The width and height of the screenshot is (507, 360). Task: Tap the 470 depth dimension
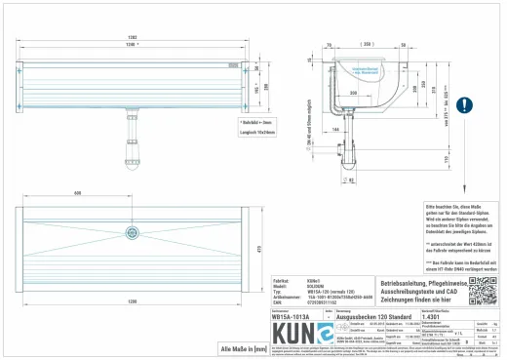point(259,231)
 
